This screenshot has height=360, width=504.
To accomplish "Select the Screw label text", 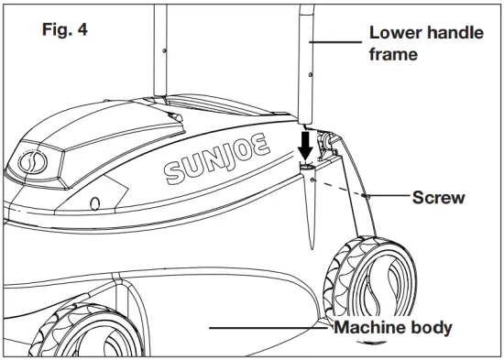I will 440,197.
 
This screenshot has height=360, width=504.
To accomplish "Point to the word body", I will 430,327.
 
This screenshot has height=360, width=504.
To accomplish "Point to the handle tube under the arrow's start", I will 307,73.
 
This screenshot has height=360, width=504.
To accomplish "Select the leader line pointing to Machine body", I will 266,326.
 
